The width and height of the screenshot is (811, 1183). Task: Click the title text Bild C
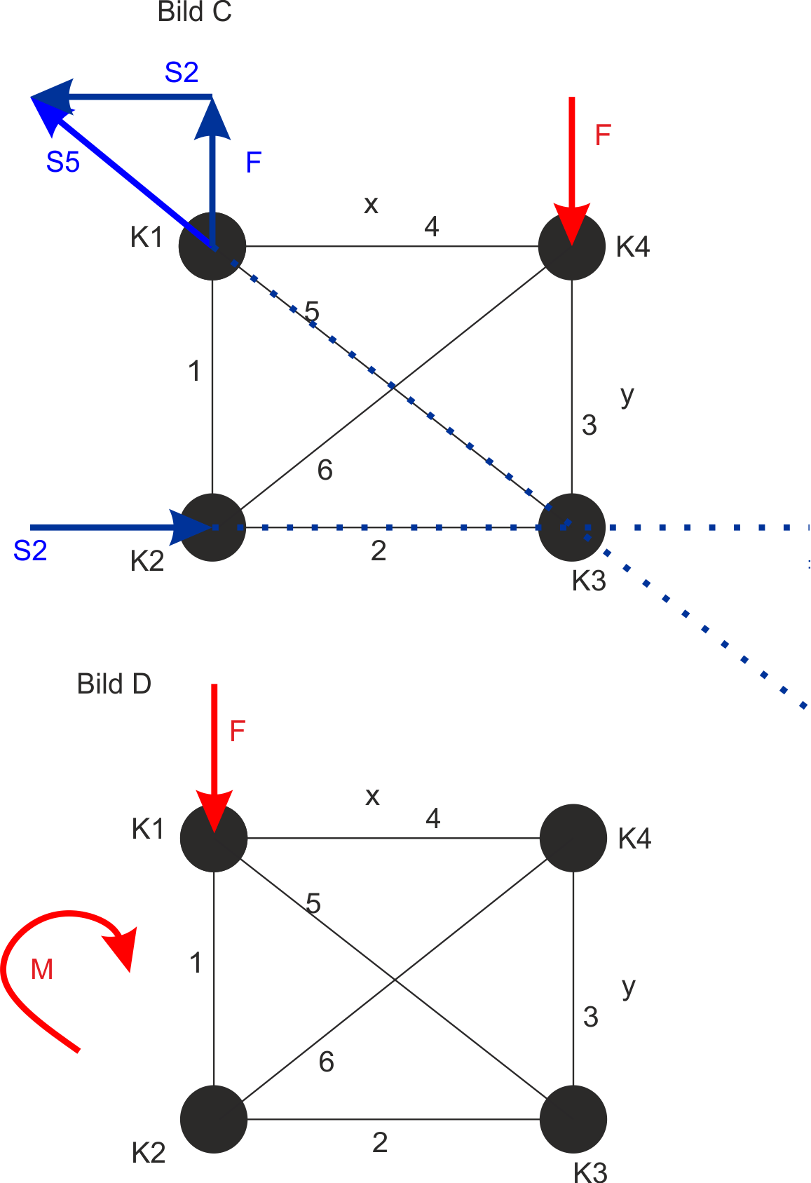(x=194, y=12)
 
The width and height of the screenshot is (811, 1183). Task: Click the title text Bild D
(x=114, y=684)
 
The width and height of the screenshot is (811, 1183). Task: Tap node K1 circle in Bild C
(x=212, y=246)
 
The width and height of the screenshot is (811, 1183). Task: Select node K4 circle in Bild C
(x=572, y=246)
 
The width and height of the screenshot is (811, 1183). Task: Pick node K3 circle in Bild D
(x=573, y=1119)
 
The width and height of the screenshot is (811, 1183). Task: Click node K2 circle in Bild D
(x=214, y=1119)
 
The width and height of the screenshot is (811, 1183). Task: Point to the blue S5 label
(x=63, y=161)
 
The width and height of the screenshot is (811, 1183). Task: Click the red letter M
(x=42, y=969)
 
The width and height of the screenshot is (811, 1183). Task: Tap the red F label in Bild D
(x=238, y=731)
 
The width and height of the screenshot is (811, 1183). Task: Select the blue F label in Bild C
(x=254, y=162)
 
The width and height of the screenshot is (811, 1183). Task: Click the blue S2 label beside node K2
(x=30, y=551)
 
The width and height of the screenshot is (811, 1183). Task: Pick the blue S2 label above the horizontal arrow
(x=182, y=72)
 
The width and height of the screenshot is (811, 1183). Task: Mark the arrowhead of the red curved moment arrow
(x=123, y=949)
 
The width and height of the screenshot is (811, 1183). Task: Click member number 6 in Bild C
(x=325, y=470)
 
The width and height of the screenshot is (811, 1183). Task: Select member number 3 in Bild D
(x=591, y=1017)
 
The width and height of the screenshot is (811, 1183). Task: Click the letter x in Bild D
(x=372, y=797)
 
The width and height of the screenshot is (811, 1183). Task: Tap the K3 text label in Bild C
(x=589, y=581)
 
